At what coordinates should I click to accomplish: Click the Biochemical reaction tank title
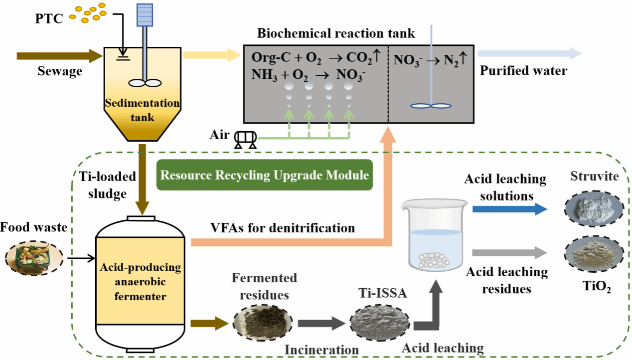(336, 34)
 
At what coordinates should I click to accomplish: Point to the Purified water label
(523, 71)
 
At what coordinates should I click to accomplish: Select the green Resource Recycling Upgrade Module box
(265, 175)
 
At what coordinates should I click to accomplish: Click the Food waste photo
(34, 258)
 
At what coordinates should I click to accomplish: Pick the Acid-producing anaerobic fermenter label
(142, 282)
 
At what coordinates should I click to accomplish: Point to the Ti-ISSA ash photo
(377, 323)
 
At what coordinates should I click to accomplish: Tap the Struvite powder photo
(593, 210)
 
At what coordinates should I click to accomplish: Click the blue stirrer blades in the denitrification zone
(430, 105)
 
